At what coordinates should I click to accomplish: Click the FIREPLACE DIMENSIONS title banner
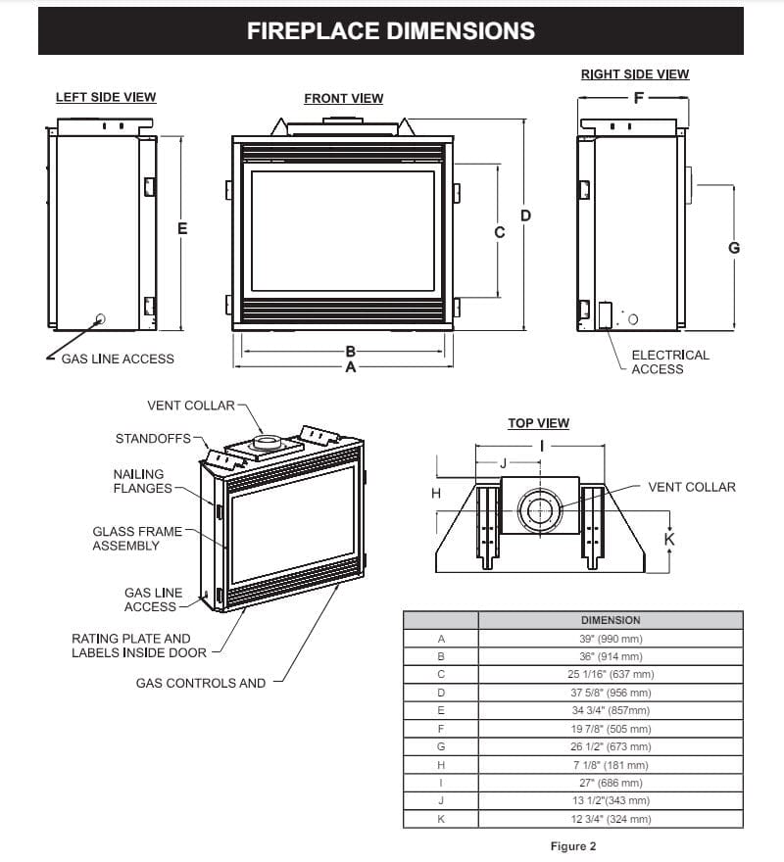391,31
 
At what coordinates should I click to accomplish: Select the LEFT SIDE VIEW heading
106,97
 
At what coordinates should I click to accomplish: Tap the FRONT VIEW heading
343,98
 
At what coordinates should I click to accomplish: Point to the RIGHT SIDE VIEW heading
634,74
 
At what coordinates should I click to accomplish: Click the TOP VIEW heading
538,423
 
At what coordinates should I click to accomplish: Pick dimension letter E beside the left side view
182,228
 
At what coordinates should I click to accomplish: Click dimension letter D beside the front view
525,215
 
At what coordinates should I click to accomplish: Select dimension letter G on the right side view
734,248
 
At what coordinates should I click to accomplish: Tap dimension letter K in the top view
669,538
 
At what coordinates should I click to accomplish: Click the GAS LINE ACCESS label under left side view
118,359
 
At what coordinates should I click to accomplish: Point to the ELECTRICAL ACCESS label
669,361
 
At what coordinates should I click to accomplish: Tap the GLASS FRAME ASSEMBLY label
137,538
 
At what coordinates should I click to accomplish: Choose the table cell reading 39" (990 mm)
610,639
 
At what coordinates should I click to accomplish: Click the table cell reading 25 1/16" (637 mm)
610,674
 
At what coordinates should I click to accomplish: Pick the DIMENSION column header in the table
610,620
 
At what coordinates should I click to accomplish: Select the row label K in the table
440,818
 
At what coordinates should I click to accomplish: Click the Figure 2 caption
573,845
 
